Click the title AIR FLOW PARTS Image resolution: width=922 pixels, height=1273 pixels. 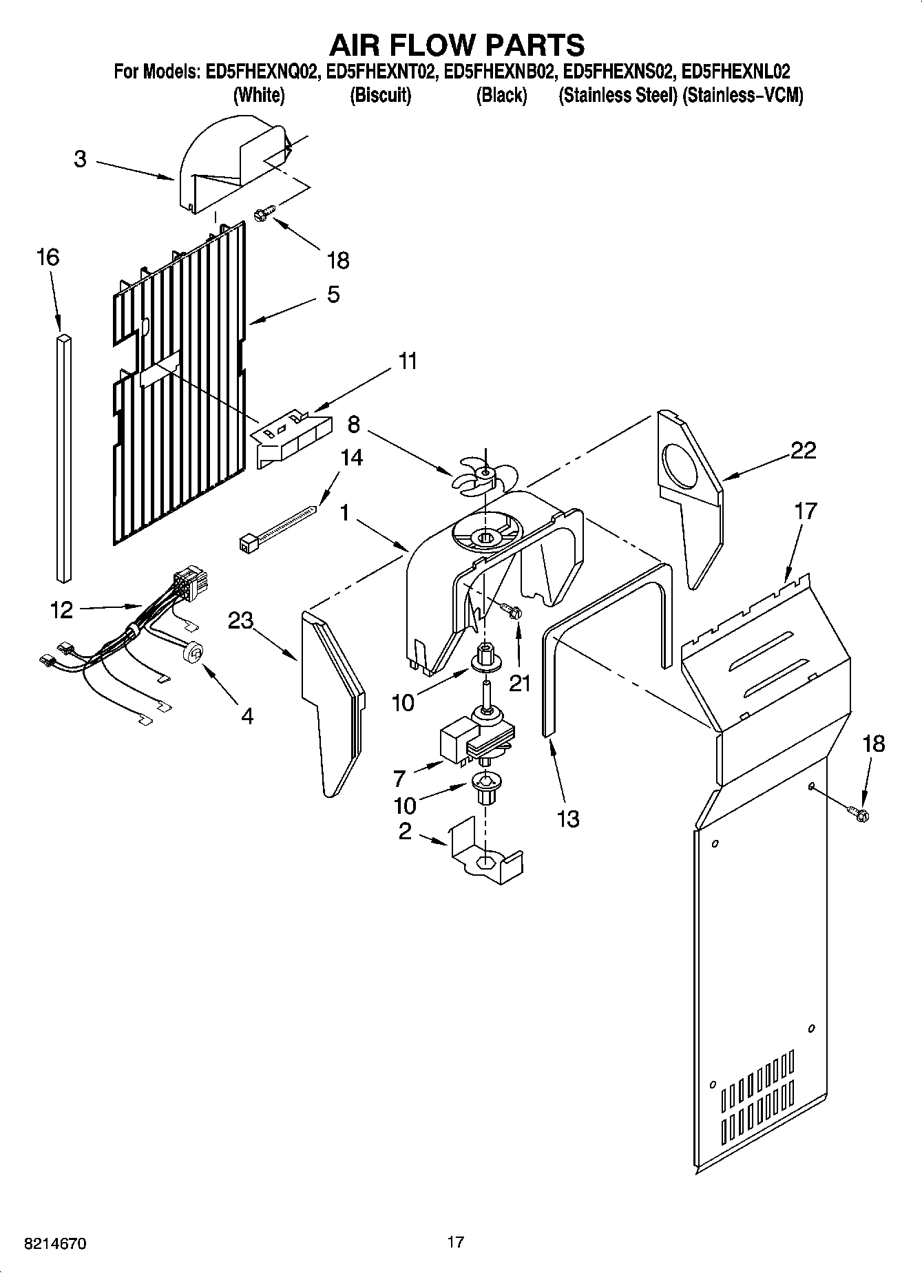(x=457, y=45)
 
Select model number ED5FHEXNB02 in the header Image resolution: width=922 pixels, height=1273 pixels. (x=500, y=71)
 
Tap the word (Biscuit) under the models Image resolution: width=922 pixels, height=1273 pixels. (x=380, y=95)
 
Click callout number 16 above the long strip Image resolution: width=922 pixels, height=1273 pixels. (x=48, y=257)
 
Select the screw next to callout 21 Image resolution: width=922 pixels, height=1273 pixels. (x=511, y=611)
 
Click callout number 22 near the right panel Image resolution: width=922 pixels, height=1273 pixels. (x=803, y=451)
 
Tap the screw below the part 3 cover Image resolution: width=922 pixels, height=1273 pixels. (x=264, y=213)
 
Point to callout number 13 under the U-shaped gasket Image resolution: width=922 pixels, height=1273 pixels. (x=568, y=819)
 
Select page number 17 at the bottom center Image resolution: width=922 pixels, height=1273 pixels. (x=455, y=1242)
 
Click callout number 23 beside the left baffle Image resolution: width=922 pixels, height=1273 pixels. (x=240, y=620)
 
